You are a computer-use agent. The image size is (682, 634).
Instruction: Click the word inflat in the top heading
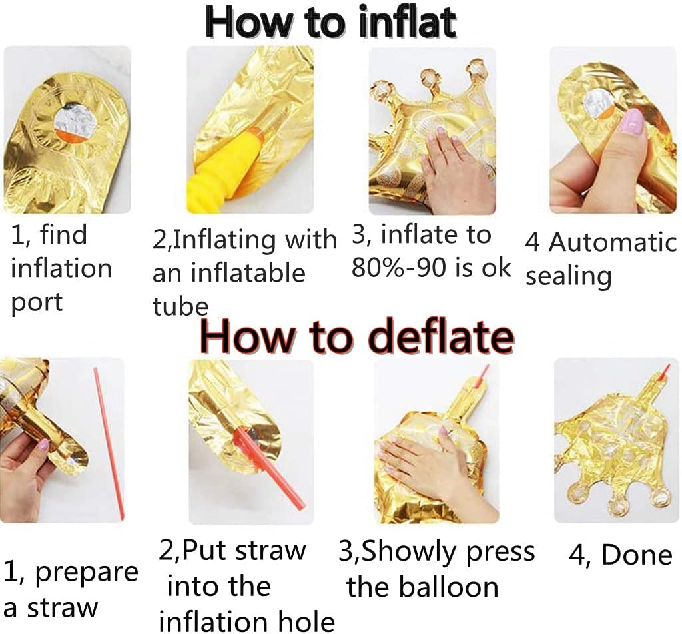tap(407, 22)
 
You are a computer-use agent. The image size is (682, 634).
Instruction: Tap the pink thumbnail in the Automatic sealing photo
tap(633, 121)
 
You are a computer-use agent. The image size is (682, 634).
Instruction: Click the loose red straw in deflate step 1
tap(109, 444)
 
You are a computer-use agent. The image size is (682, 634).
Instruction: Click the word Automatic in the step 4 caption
tap(613, 242)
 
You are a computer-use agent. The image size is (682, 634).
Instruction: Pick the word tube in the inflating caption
tap(180, 306)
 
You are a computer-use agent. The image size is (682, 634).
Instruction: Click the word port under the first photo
tap(37, 302)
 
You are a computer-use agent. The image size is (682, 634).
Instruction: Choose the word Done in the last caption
tap(637, 555)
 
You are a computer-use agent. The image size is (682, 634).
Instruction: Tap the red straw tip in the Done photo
tap(664, 373)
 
